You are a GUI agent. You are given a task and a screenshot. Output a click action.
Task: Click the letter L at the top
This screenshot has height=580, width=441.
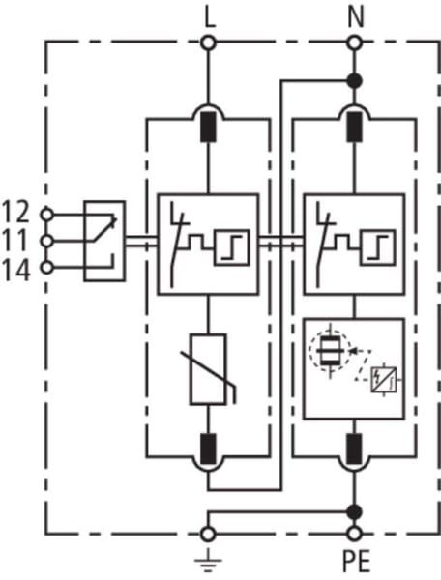(x=210, y=18)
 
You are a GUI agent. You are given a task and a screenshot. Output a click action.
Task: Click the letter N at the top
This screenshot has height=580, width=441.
(x=356, y=18)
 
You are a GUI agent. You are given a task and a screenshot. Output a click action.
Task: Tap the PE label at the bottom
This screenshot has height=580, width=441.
(x=356, y=562)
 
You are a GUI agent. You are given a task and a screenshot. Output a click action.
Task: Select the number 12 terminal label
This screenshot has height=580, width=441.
(x=15, y=212)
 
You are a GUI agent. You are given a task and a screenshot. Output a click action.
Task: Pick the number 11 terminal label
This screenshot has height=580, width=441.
(x=15, y=241)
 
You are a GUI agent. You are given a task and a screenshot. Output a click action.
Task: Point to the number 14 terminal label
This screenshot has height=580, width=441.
(x=15, y=271)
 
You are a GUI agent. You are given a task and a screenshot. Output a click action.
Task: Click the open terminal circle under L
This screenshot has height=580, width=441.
(x=208, y=43)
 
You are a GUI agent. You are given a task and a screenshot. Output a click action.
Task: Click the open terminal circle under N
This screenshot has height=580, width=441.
(x=355, y=43)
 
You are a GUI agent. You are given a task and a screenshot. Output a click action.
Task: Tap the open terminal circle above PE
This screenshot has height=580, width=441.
(x=354, y=534)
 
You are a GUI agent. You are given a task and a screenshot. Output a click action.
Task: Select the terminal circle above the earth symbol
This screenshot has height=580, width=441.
(x=208, y=534)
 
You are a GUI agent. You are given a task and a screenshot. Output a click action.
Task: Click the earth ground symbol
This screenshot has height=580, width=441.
(x=208, y=560)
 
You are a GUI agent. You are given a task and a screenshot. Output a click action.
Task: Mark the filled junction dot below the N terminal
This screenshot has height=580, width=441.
(x=355, y=80)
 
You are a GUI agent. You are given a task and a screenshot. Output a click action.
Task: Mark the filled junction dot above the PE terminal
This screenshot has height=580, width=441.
(x=354, y=512)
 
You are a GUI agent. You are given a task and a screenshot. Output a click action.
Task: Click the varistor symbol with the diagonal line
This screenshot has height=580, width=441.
(x=208, y=369)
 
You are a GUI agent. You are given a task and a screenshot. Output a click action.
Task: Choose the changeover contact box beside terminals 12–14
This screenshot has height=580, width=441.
(x=104, y=241)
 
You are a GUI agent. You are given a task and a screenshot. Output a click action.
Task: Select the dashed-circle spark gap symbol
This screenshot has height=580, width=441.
(x=330, y=350)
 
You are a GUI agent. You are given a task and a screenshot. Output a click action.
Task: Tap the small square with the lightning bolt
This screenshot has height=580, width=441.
(x=384, y=380)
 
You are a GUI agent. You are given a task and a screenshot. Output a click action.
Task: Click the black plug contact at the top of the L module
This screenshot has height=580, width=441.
(x=208, y=127)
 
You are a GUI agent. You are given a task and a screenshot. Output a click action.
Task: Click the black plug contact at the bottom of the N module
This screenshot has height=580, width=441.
(x=354, y=449)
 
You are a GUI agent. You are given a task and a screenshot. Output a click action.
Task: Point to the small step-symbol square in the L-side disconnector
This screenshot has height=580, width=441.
(x=231, y=247)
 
